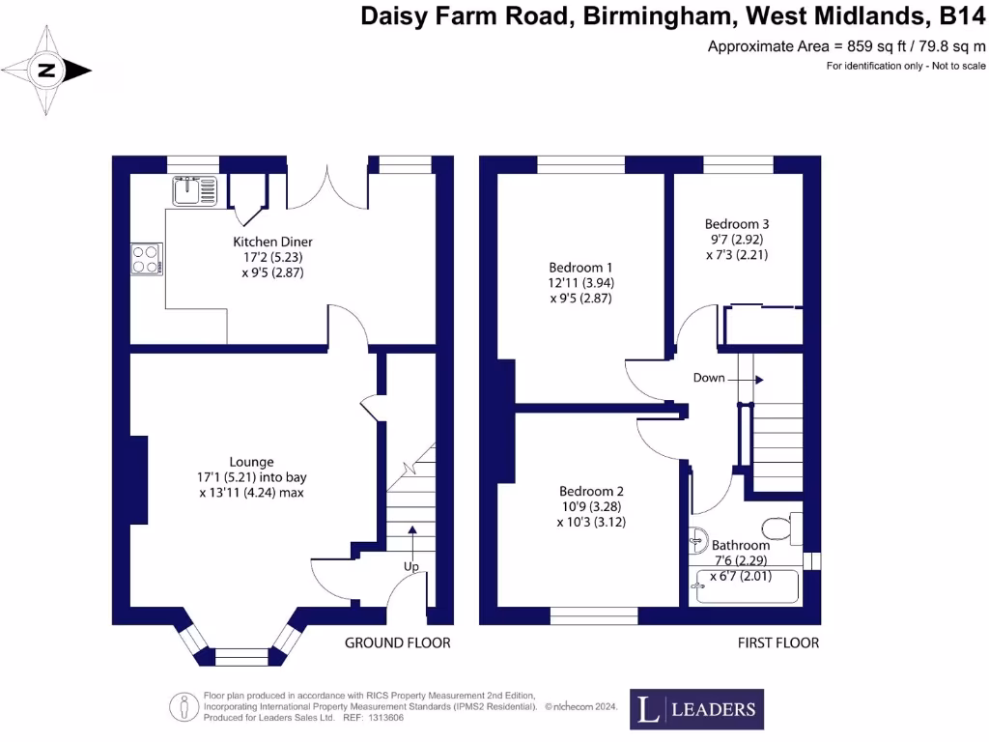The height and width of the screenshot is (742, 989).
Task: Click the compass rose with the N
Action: coord(46,71)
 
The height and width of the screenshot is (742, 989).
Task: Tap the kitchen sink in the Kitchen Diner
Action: coord(197,190)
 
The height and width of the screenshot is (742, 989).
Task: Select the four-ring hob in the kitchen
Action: coord(146,258)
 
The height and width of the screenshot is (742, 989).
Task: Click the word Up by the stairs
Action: coord(411,567)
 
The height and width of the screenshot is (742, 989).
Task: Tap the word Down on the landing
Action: coord(709,378)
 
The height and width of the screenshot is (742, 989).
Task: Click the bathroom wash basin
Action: coord(698,541)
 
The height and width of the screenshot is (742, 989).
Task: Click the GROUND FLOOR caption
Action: coord(398,642)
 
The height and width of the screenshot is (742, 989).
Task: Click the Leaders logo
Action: coord(696,709)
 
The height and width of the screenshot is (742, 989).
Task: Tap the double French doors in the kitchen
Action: coord(327,185)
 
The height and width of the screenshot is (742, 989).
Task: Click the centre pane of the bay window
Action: coord(239,657)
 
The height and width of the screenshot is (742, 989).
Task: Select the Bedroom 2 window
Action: coord(594,615)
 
